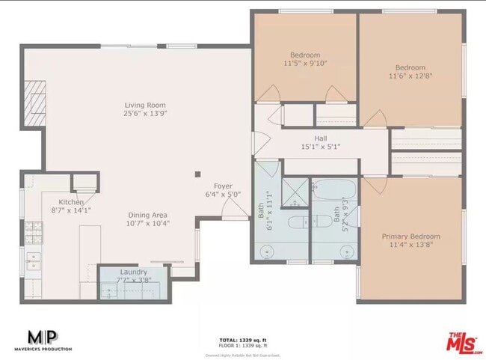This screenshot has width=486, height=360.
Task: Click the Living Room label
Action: point(145,106)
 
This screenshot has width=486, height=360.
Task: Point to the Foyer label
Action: point(223,186)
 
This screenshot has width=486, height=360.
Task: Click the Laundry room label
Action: point(134,272)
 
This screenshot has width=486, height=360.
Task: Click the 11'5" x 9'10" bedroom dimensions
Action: point(305,64)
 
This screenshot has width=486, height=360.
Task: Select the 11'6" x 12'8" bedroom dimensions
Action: point(410,76)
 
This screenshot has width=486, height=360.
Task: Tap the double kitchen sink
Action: point(34,261)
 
